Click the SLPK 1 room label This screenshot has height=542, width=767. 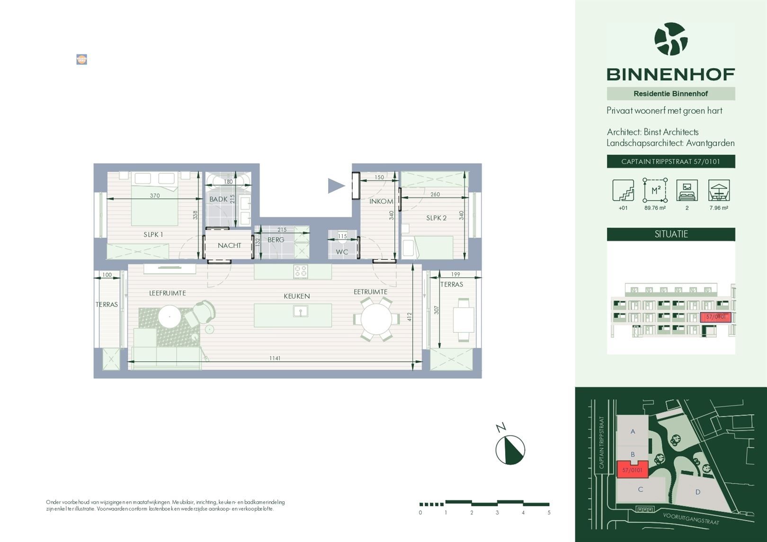(x=153, y=234)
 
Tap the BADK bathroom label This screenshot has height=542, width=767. (x=218, y=199)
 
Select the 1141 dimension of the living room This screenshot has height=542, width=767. (x=275, y=358)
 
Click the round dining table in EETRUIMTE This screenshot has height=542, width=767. (x=376, y=320)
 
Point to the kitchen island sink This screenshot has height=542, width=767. (x=300, y=311)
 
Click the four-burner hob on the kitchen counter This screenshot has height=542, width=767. (x=301, y=271)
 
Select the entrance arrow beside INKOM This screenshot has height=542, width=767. (x=336, y=186)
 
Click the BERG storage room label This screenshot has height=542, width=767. (x=276, y=240)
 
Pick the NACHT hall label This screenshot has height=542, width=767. (x=229, y=245)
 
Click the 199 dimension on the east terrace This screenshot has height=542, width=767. (x=455, y=275)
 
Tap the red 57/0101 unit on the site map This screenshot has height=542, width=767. (x=632, y=470)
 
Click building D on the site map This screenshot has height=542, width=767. (x=697, y=492)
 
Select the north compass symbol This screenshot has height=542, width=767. (x=510, y=449)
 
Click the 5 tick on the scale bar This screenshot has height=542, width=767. (x=549, y=512)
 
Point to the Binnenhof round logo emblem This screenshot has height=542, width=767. (x=671, y=39)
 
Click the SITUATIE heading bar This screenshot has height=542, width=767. (x=671, y=234)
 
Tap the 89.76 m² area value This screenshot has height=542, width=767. (x=655, y=208)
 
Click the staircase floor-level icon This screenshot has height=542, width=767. (x=623, y=190)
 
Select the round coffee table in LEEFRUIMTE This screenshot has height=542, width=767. (x=169, y=316)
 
